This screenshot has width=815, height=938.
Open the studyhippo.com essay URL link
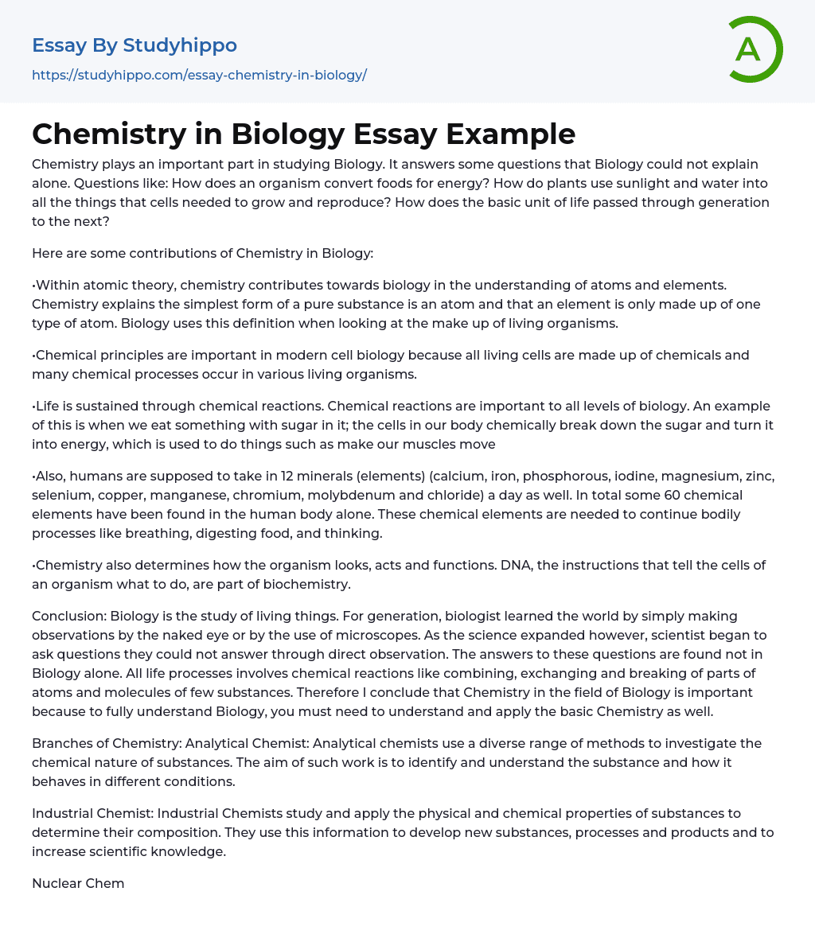pyautogui.click(x=199, y=75)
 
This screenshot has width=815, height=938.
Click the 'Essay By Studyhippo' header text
pyautogui.click(x=135, y=45)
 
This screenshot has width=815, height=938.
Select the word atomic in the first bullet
pyautogui.click(x=108, y=285)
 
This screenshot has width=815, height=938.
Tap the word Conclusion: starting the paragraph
pyautogui.click(x=68, y=616)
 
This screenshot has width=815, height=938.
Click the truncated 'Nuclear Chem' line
pyautogui.click(x=78, y=883)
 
